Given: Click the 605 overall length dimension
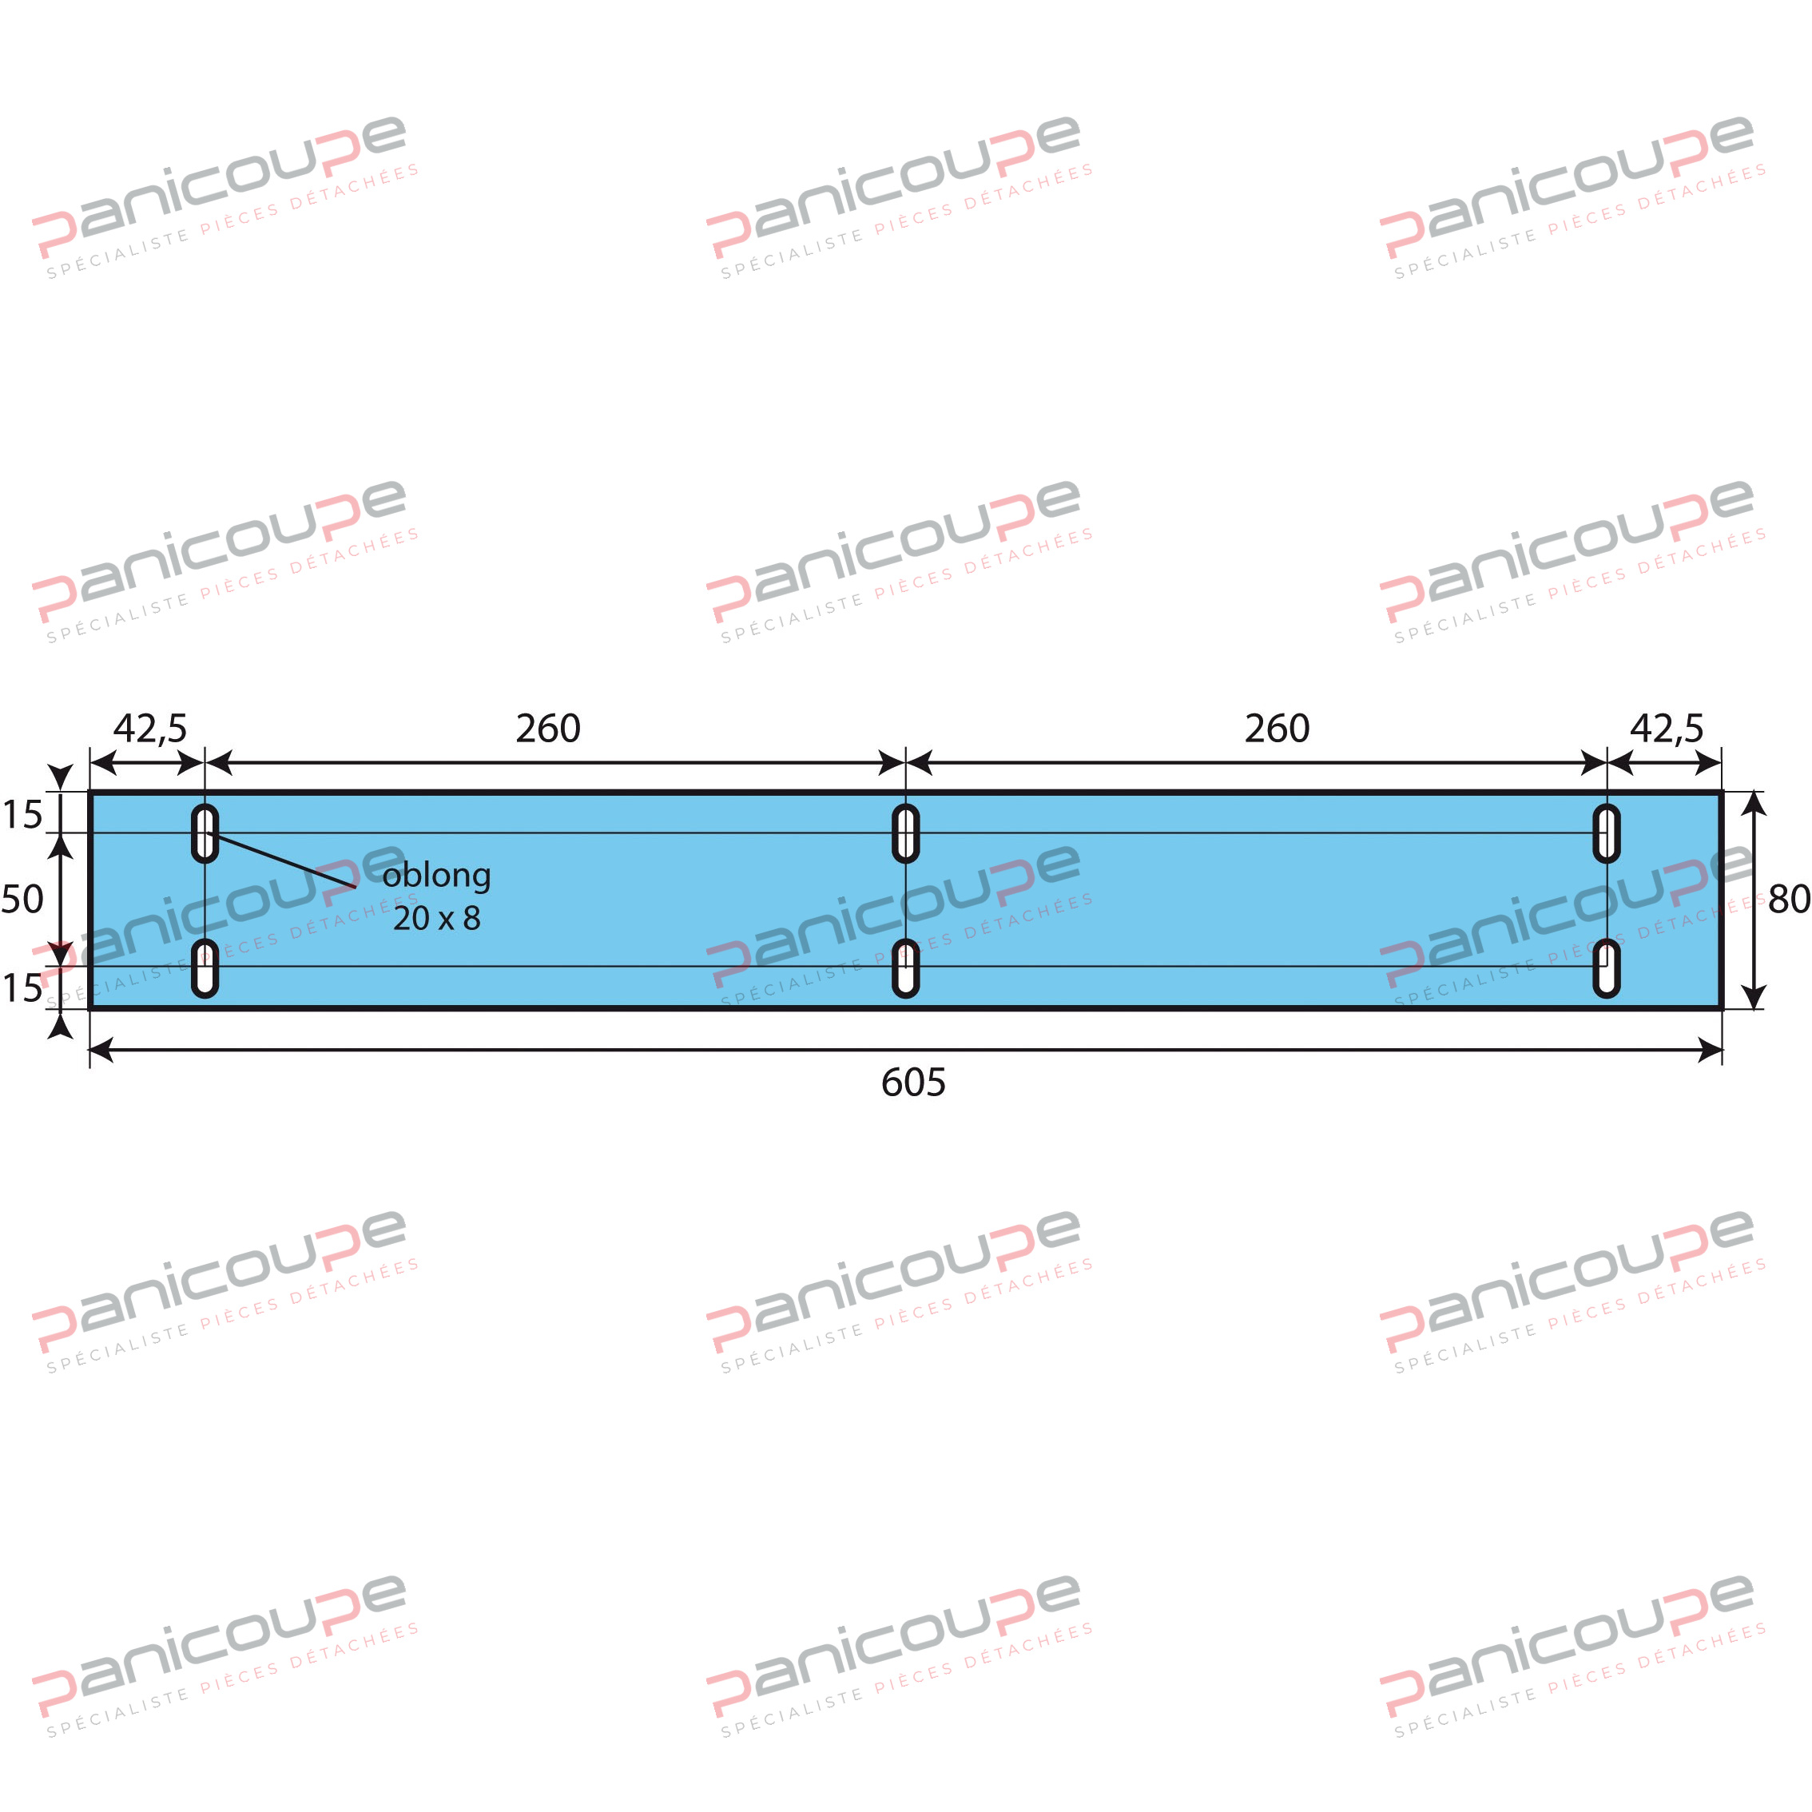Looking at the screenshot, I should point(912,1083).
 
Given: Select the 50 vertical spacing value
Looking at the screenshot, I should point(22,900).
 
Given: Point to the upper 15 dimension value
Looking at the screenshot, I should point(22,815).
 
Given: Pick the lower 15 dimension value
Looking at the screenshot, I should point(22,988).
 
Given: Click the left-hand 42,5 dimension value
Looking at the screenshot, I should point(150,729).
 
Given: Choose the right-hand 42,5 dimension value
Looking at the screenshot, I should point(1666,729).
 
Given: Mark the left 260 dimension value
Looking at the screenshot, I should point(548,729).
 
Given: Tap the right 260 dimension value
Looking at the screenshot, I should point(1277,729).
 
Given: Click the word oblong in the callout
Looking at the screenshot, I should point(436,875).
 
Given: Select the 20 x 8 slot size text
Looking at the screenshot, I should point(436,918).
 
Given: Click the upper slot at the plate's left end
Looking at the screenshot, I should point(205,832).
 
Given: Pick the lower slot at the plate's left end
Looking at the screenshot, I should point(205,968).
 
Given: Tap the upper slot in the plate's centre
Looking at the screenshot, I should point(905,832).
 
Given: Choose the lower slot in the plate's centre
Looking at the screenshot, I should point(905,968).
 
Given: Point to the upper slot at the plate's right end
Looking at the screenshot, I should point(1607,832).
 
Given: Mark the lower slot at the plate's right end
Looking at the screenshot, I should point(1607,968).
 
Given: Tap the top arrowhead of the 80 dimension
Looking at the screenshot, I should point(1754,804).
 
